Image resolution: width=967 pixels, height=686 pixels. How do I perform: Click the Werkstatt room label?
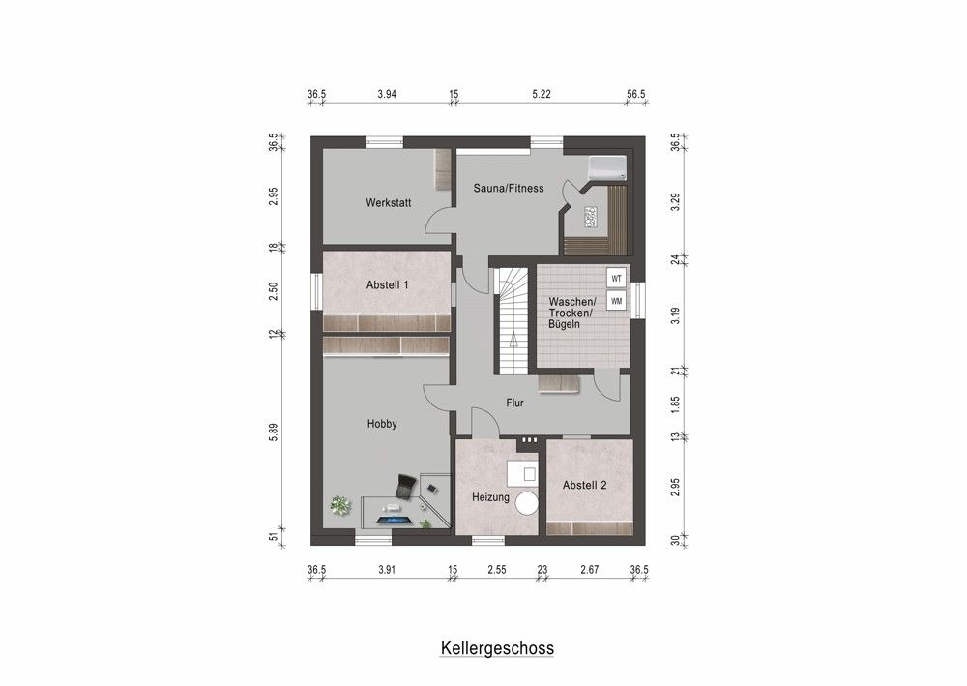pyautogui.click(x=389, y=203)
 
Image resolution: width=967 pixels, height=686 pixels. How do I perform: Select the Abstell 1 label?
pyautogui.click(x=388, y=285)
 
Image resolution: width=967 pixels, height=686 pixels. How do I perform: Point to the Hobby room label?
pyautogui.click(x=382, y=424)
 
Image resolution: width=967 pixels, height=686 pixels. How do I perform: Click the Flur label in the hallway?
pyautogui.click(x=514, y=403)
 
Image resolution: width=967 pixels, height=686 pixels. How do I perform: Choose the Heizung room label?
pyautogui.click(x=490, y=497)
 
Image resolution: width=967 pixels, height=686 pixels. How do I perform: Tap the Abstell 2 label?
pyautogui.click(x=585, y=486)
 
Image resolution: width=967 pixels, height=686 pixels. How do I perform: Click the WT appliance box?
pyautogui.click(x=616, y=279)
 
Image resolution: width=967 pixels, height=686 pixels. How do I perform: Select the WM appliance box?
pyautogui.click(x=616, y=301)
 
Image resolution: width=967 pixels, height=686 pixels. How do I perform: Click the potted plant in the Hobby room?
pyautogui.click(x=339, y=504)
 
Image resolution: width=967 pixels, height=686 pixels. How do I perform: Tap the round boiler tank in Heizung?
pyautogui.click(x=527, y=503)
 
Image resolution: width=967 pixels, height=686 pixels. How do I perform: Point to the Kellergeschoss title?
pyautogui.click(x=497, y=647)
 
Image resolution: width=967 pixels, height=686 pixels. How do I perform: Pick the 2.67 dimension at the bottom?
pyautogui.click(x=588, y=570)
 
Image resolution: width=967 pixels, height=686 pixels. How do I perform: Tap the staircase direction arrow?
pyautogui.click(x=513, y=338)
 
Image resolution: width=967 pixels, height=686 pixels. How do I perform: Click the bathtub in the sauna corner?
pyautogui.click(x=607, y=168)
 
